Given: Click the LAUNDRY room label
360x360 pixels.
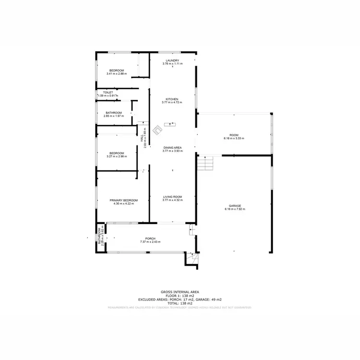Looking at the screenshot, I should coord(172,60).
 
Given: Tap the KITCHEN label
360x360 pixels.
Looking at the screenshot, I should coord(172,99).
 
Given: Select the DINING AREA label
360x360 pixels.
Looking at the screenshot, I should coord(172,147).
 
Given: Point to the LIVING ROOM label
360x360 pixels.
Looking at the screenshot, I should coord(172,196).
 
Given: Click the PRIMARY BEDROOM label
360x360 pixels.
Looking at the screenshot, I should coord(123,200).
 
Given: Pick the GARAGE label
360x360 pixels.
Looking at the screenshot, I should coord(235,206).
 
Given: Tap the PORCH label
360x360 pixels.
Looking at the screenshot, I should coord(150,238).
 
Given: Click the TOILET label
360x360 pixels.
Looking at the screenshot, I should coord(108,92).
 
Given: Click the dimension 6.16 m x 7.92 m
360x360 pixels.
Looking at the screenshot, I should coord(235,209).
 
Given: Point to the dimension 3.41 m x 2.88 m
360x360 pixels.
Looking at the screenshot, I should coord(117,73).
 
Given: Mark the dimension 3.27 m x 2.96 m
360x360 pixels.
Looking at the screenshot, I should coord(117,156).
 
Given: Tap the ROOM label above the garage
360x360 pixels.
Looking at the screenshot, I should coord(234,135).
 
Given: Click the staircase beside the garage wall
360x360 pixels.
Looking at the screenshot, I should coord(205,163).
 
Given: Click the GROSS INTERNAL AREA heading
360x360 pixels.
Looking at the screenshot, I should coord(180,292).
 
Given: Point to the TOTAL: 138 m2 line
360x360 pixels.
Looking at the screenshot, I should coord(180,303).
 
